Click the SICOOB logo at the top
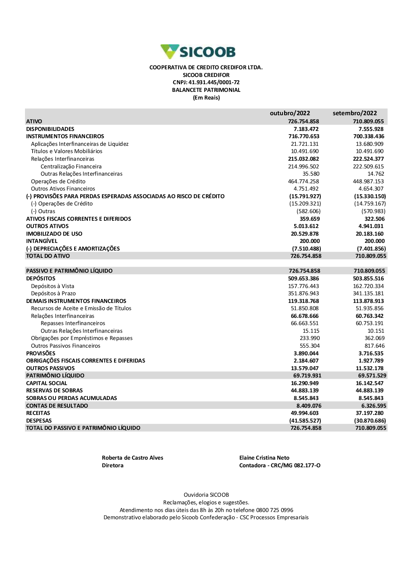tap(198, 52)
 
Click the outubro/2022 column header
tap(290, 113)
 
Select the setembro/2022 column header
tap(355, 113)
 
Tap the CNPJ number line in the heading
tap(206, 83)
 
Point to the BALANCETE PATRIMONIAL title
tap(206, 90)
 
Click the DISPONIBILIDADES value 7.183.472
tap(306, 129)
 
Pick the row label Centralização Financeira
tap(71, 167)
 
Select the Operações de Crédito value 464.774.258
tap(303, 182)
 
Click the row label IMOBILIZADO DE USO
tap(54, 234)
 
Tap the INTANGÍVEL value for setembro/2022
tap(374, 241)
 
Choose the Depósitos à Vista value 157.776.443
tap(303, 286)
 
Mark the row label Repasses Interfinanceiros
tap(73, 323)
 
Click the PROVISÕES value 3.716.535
tap(371, 354)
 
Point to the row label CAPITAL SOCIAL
tap(46, 383)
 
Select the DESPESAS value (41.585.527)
tap(305, 421)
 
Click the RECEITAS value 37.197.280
tap(370, 413)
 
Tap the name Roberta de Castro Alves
tap(133, 458)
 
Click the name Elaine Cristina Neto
tap(264, 458)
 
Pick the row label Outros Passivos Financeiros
tap(66, 346)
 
